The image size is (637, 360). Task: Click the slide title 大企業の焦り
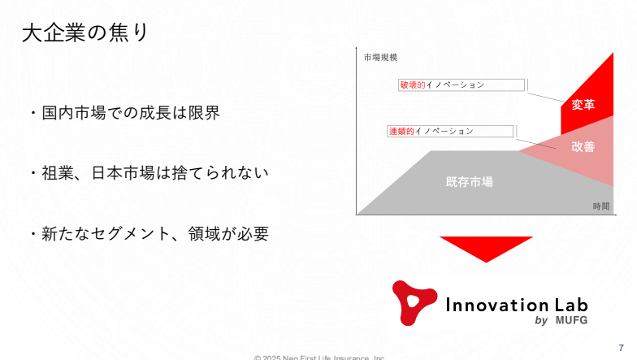click(x=85, y=33)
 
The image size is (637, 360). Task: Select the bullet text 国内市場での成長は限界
click(x=131, y=113)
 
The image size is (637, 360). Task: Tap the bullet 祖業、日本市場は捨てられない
click(x=154, y=173)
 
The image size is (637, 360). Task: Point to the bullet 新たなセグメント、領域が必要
click(x=154, y=234)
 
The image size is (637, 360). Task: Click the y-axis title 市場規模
click(x=380, y=58)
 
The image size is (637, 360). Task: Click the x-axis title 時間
click(x=601, y=206)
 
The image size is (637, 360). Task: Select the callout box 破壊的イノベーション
click(x=461, y=85)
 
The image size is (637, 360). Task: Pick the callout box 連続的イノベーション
click(x=450, y=132)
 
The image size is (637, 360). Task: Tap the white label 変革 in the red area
click(x=583, y=105)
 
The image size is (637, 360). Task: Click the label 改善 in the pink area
click(x=583, y=146)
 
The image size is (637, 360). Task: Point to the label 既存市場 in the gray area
click(x=470, y=182)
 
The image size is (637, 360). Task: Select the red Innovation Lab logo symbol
click(x=414, y=302)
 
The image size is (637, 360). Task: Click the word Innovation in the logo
click(x=497, y=305)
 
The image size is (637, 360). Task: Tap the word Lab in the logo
click(x=571, y=305)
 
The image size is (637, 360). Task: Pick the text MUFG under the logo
click(x=572, y=320)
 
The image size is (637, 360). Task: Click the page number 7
click(x=621, y=348)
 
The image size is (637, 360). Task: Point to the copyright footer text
click(x=319, y=358)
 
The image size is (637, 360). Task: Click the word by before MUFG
click(x=541, y=320)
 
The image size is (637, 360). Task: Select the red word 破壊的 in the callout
click(x=413, y=85)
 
